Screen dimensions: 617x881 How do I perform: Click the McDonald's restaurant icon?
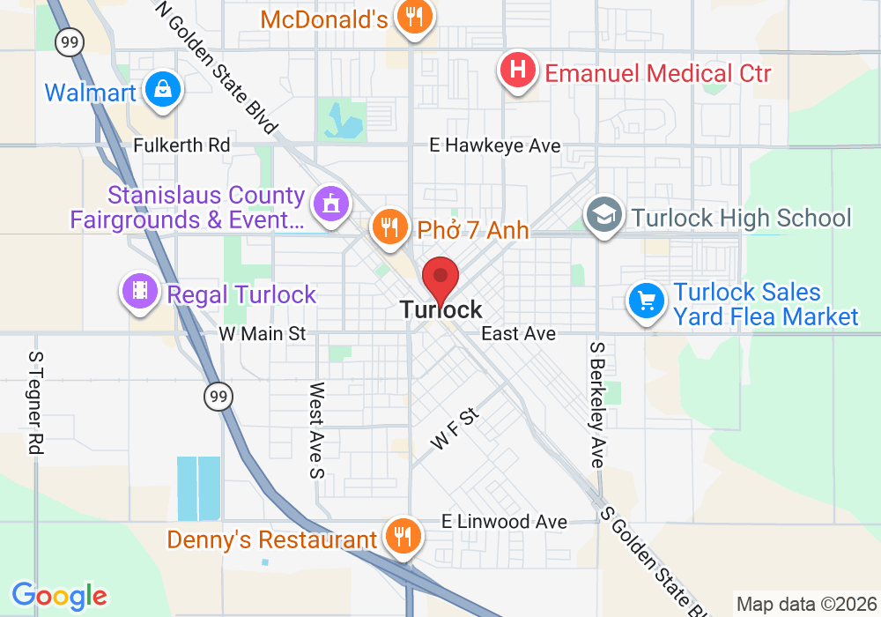click(x=411, y=16)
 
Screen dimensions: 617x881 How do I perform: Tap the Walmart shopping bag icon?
click(x=164, y=90)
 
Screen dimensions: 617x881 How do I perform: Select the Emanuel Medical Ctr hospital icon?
click(x=519, y=70)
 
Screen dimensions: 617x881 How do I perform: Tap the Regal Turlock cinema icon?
click(x=140, y=292)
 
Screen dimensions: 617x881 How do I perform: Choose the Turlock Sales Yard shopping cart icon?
click(x=647, y=302)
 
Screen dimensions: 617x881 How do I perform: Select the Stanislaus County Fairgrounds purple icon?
click(x=331, y=204)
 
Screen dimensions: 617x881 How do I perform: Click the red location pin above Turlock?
click(x=440, y=280)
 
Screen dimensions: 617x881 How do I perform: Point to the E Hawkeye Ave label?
click(x=494, y=146)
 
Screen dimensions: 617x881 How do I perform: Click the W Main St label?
click(x=263, y=334)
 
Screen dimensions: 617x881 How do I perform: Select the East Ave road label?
click(x=518, y=334)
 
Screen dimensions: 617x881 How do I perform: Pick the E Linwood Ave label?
click(x=504, y=522)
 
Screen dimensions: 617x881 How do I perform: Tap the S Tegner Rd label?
click(x=36, y=403)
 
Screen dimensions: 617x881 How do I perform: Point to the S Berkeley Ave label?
click(x=597, y=405)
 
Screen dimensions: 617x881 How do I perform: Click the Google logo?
click(x=59, y=596)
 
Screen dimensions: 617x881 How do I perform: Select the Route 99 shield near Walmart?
click(x=67, y=41)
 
